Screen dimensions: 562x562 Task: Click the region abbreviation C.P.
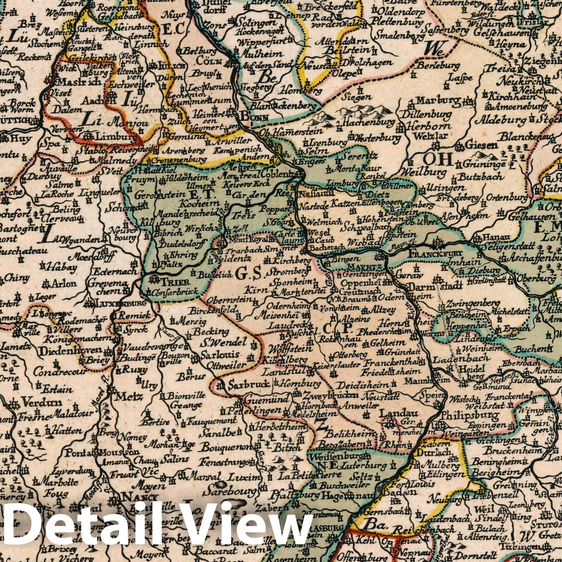(x=336, y=328)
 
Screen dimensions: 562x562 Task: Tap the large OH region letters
(x=437, y=160)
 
